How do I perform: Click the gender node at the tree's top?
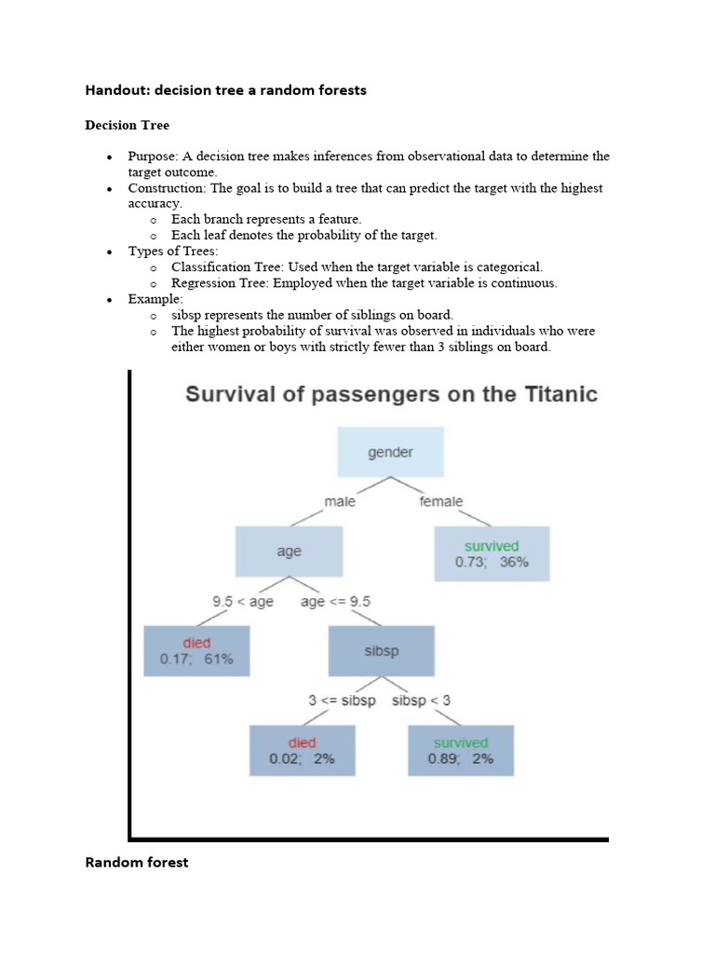[x=391, y=453]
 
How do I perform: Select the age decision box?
[x=289, y=552]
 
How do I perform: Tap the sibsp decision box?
[x=382, y=650]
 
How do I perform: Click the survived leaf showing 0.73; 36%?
[x=492, y=554]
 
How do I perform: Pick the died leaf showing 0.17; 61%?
[x=196, y=651]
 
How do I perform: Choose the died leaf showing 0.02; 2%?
[x=302, y=751]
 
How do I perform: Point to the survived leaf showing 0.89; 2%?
[x=461, y=751]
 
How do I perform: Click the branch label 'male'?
[x=340, y=501]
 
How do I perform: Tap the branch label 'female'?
[x=441, y=501]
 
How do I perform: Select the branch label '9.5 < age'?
[x=243, y=602]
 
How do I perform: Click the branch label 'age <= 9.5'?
[x=335, y=602]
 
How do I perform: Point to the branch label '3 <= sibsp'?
[x=342, y=701]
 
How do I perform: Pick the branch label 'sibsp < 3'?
[x=421, y=701]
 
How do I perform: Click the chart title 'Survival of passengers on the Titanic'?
[x=391, y=394]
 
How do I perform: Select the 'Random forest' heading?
[x=137, y=863]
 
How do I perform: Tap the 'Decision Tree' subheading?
[x=128, y=125]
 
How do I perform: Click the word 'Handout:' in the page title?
[x=117, y=90]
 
